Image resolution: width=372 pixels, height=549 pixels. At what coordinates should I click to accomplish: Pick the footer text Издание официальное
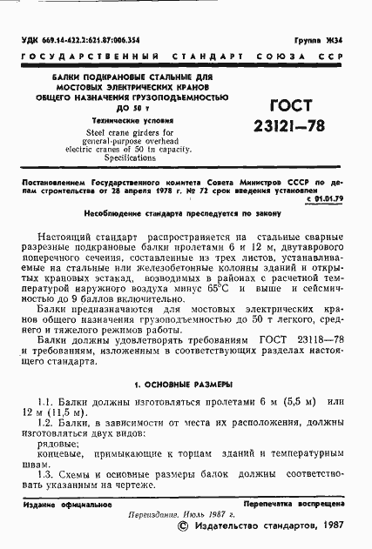57,504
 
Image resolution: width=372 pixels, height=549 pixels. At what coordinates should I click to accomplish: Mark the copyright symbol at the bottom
182,526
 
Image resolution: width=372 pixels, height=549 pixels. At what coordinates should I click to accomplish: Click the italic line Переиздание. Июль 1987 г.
184,514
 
